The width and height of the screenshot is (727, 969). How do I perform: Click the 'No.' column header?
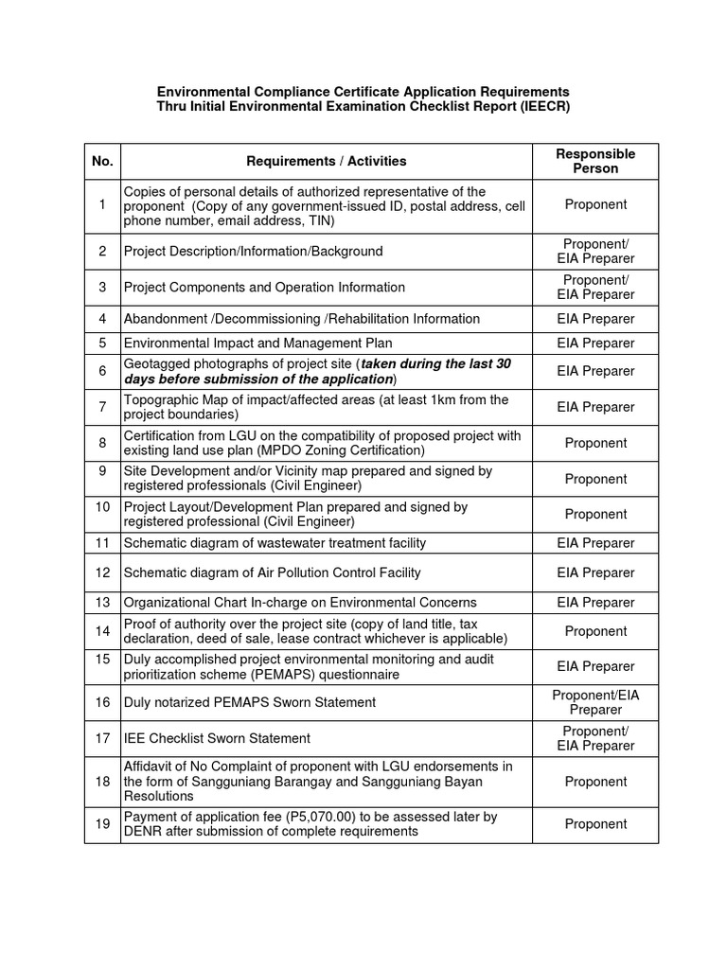pos(102,161)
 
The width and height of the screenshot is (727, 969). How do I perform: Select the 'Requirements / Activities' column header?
pos(326,161)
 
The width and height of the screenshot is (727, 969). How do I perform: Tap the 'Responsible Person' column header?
pos(594,161)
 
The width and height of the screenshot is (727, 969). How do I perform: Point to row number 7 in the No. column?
pos(102,407)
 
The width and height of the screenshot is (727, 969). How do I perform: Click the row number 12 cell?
pos(102,573)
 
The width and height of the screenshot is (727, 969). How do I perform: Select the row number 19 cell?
pos(102,824)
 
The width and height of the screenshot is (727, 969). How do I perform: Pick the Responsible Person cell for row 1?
pos(594,204)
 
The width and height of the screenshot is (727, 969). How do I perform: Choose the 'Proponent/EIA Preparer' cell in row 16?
pos(594,702)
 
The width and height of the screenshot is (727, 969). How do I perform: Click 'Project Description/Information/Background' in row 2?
pos(253,252)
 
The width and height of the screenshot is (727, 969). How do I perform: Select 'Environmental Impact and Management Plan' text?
pos(257,343)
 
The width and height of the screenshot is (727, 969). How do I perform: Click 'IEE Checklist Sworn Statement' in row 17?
pos(217,738)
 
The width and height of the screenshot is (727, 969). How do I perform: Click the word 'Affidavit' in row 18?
pos(151,766)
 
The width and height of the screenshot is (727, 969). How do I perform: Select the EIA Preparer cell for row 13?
pos(594,603)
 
